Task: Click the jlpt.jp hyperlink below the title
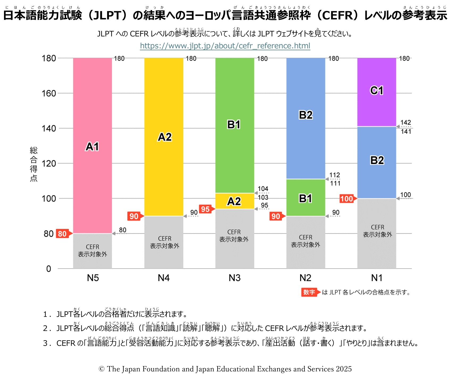(x=225, y=46)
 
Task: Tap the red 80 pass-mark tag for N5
(x=63, y=234)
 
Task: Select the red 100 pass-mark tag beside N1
(x=347, y=199)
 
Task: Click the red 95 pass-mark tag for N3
(x=206, y=209)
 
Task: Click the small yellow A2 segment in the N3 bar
(x=234, y=201)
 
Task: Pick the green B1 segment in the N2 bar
(x=306, y=198)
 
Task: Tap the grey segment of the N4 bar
(x=164, y=242)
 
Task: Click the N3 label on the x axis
(x=235, y=278)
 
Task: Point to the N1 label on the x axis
(x=377, y=278)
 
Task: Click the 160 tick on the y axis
(x=49, y=93)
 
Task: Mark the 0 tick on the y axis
(x=49, y=268)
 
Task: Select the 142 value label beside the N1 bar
(x=406, y=123)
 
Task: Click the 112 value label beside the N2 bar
(x=335, y=175)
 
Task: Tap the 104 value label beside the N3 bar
(x=263, y=189)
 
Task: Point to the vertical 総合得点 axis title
(x=34, y=164)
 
